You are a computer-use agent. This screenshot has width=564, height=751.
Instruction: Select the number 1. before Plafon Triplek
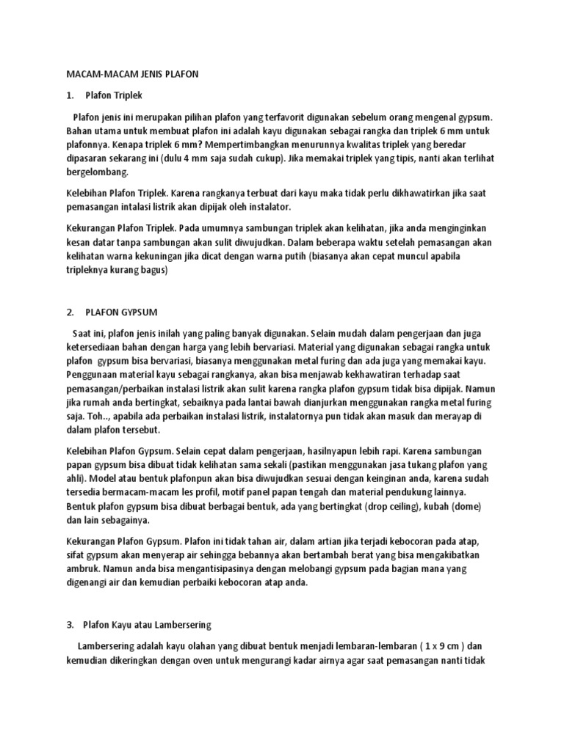tap(70, 95)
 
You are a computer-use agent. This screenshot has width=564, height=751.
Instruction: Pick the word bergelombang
tap(97, 172)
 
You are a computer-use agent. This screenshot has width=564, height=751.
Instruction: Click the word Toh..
tap(98, 416)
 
